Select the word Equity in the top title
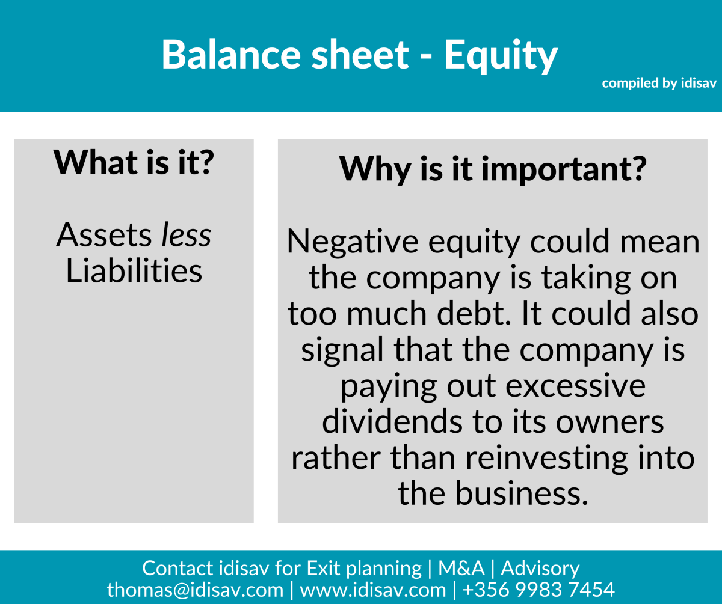[501, 55]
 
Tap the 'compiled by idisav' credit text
[659, 84]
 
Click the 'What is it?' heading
[134, 162]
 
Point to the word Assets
[105, 235]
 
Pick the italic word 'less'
[186, 235]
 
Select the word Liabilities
[134, 271]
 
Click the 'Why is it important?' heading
[492, 169]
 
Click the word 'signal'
[342, 350]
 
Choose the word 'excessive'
[575, 386]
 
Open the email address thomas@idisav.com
[195, 589]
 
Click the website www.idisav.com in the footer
[372, 589]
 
